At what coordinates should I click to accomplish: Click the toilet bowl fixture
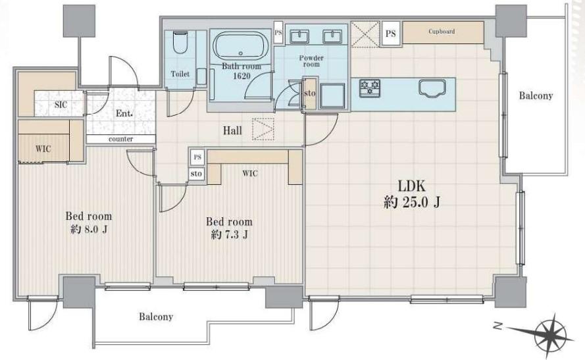180,43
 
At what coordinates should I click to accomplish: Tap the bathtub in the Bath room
241,46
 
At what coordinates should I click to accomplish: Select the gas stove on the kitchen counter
370,89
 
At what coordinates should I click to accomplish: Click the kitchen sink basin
432,89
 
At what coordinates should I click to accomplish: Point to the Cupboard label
442,32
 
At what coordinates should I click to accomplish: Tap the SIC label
61,105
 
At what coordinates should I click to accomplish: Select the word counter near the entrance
120,139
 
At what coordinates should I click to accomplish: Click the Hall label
232,130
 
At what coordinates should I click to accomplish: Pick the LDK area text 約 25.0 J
412,203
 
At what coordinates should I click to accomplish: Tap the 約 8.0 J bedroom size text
89,229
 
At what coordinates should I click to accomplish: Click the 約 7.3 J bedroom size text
230,235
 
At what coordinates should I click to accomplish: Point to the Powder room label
311,61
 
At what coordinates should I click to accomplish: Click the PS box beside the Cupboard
391,34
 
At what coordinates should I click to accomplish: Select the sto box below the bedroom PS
196,174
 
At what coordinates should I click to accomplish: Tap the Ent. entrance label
124,113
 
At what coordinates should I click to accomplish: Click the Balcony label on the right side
536,96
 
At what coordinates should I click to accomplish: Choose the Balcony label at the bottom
156,317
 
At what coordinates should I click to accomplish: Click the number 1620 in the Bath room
242,76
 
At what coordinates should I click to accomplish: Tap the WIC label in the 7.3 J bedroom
249,174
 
